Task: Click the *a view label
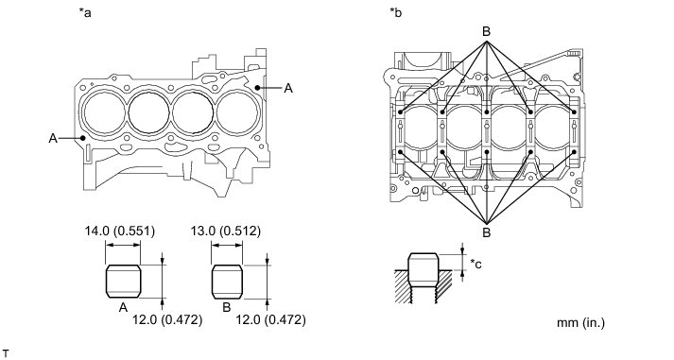pyautogui.click(x=85, y=12)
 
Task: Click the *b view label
pyautogui.click(x=395, y=12)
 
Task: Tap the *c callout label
pyautogui.click(x=475, y=264)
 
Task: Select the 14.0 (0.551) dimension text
pyautogui.click(x=119, y=231)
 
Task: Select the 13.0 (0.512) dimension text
pyautogui.click(x=226, y=231)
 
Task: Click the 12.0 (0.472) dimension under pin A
pyautogui.click(x=167, y=319)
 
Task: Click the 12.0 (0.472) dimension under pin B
pyautogui.click(x=271, y=319)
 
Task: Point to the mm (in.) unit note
pyautogui.click(x=580, y=322)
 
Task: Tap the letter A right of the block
pyautogui.click(x=288, y=89)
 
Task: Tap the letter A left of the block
pyautogui.click(x=53, y=138)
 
